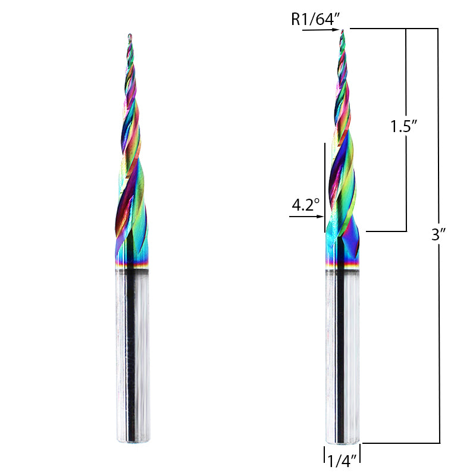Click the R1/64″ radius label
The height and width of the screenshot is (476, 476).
[315, 20]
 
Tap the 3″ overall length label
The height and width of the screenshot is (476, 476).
[439, 234]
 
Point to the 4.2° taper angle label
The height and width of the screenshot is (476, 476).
[305, 205]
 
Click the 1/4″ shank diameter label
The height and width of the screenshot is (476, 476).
[342, 459]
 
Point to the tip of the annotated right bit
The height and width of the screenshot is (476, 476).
[342, 31]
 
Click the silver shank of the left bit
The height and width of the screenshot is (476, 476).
[132, 357]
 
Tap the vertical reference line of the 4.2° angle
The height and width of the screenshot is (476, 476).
[324, 184]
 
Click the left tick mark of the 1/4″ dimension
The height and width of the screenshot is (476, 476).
[324, 454]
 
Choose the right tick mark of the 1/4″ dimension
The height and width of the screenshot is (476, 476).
[361, 454]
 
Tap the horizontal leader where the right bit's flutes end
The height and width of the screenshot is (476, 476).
[387, 231]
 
